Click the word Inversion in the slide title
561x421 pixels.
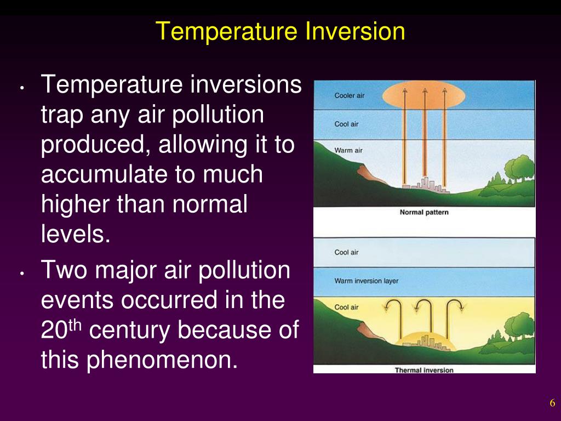(x=356, y=31)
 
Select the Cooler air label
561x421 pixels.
(x=349, y=96)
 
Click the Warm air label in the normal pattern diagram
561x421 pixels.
(x=348, y=150)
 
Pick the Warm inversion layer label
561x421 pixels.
(x=366, y=281)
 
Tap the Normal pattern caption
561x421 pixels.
(x=423, y=213)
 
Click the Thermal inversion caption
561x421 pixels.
(x=423, y=371)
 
